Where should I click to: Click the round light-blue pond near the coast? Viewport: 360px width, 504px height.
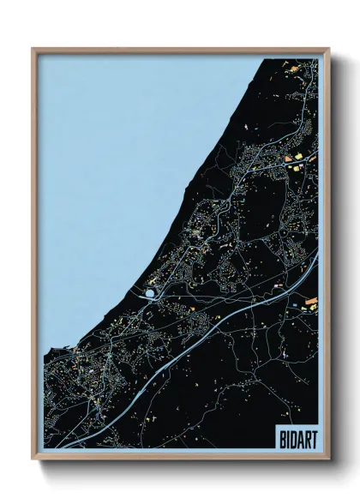151,294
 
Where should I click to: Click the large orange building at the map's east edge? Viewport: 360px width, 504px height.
312,301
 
